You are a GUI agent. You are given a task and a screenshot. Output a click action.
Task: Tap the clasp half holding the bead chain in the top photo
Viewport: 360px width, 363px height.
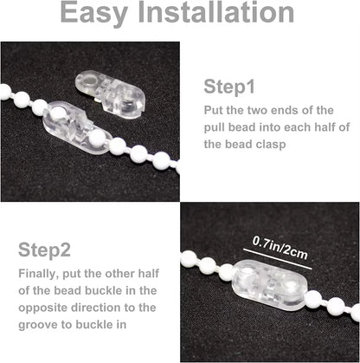coord(76,128)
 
